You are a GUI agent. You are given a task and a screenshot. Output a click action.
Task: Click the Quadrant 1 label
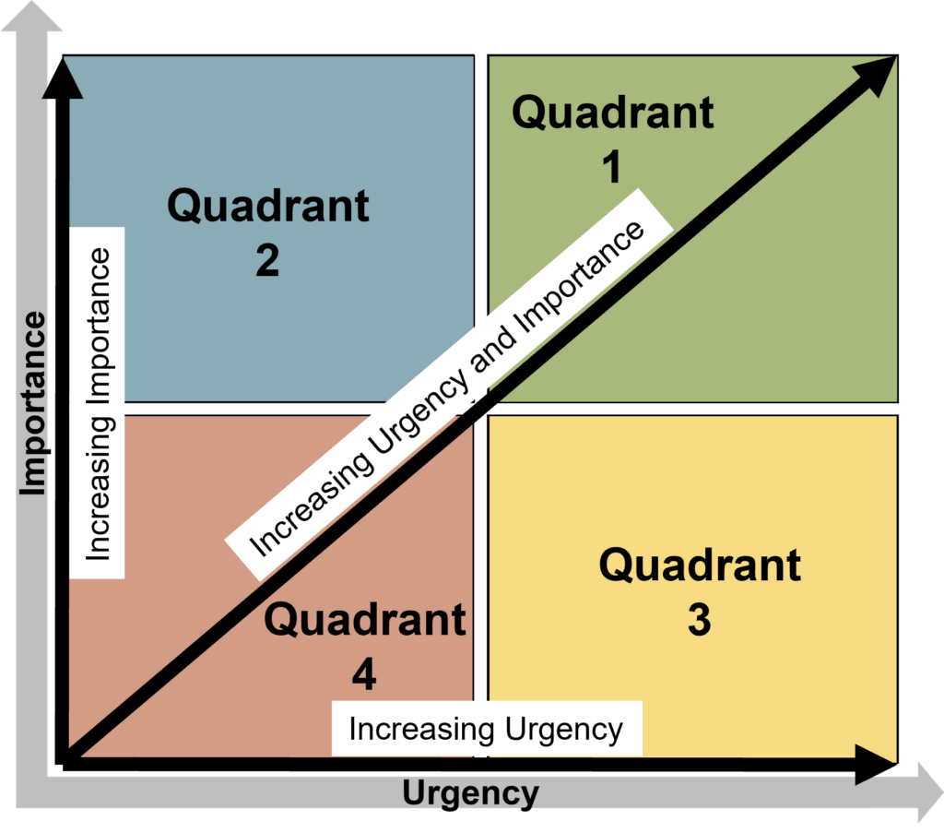[613, 138]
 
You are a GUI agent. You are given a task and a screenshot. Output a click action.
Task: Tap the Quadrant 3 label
[700, 590]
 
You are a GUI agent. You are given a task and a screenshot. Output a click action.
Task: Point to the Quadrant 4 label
[365, 646]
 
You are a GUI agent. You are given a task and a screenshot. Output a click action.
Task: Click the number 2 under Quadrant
[267, 261]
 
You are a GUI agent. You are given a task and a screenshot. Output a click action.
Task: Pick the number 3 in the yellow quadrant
[700, 621]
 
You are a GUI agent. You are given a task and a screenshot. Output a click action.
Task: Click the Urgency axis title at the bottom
[470, 793]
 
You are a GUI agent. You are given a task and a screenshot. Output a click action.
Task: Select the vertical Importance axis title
[33, 403]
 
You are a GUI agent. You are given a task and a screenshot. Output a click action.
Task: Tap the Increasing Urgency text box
[486, 730]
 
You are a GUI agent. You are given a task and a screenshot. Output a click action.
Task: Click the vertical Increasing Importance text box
[98, 403]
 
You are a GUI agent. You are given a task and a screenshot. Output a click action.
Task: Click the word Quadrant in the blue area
[267, 204]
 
